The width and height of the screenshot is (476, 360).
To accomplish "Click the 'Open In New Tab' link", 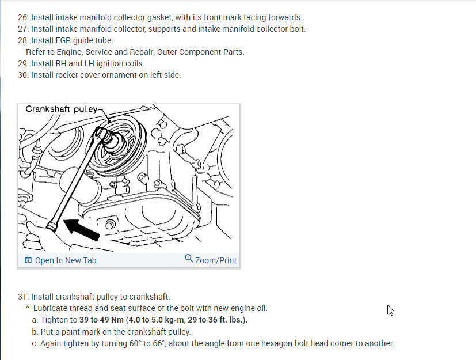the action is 60,260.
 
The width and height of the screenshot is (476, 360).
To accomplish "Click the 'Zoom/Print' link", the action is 211,260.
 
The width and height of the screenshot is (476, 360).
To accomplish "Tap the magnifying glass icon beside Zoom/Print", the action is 189,258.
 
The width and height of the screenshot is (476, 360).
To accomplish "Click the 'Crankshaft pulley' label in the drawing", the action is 62,109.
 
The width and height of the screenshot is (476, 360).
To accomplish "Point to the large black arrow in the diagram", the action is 81,230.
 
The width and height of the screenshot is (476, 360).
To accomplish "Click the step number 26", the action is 23,17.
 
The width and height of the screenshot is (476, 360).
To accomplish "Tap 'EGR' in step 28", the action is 63,40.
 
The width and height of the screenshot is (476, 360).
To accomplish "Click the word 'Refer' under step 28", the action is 35,52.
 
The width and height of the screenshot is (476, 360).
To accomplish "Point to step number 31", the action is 23,297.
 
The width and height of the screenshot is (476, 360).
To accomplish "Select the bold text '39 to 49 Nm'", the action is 101,320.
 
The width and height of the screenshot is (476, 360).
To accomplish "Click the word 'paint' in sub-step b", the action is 70,332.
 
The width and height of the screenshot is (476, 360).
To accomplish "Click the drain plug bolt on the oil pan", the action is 110,225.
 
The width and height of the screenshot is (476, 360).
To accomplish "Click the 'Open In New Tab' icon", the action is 28,260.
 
